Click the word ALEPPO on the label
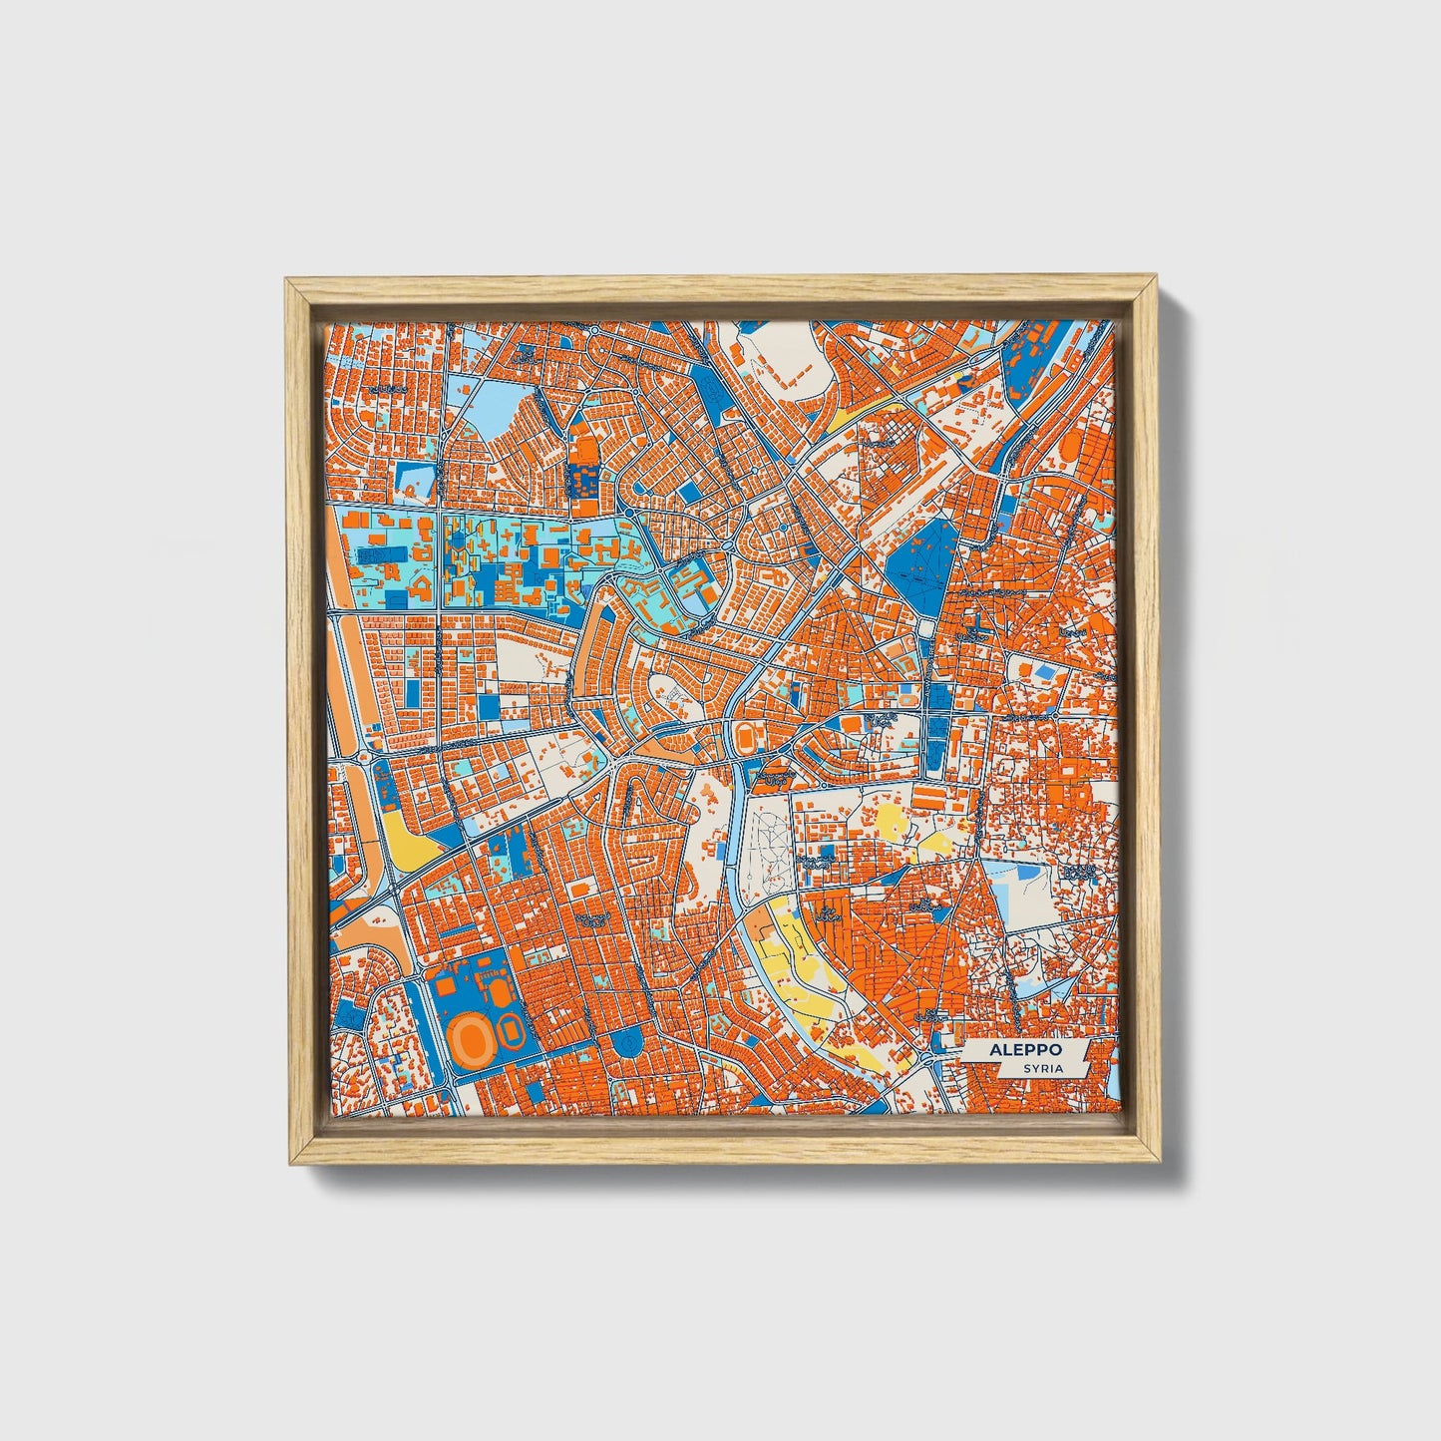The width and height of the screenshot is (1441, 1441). tap(1026, 1050)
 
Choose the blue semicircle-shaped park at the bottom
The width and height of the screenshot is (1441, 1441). tap(628, 1042)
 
